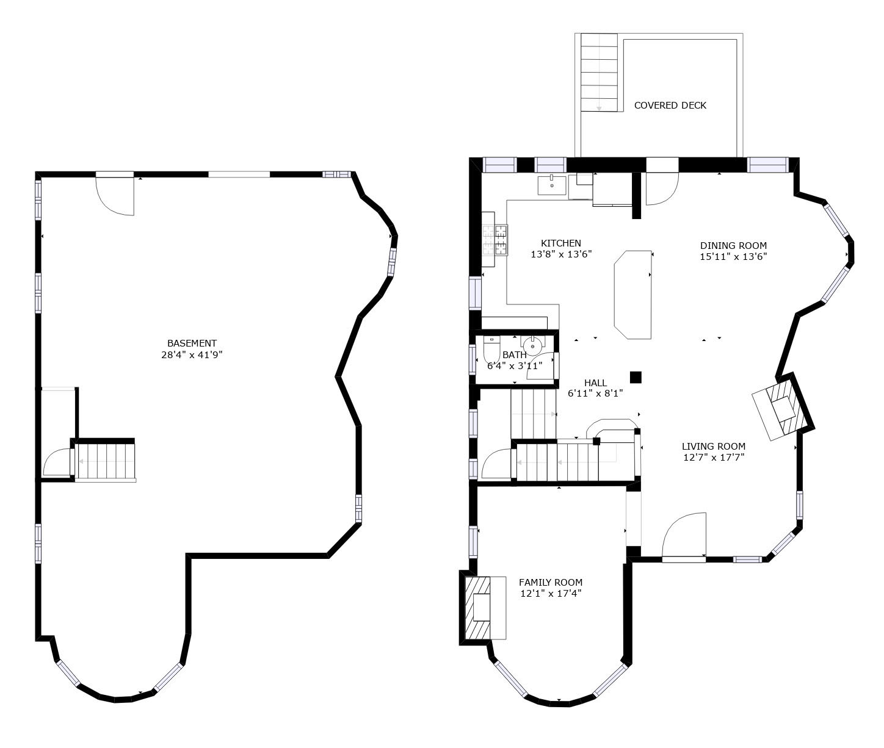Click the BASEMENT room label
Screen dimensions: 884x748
192,343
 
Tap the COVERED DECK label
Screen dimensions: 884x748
670,106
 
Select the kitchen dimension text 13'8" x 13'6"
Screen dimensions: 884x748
561,254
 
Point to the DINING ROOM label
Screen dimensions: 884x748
733,246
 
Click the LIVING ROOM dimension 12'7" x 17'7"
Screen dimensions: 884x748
714,458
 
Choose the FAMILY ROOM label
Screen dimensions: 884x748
551,582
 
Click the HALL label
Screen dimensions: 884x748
595,383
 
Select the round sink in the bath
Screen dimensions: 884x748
532,346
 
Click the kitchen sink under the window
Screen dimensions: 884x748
552,185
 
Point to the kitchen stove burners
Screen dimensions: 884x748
495,240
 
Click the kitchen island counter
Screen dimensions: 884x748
632,295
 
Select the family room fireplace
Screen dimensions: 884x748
482,608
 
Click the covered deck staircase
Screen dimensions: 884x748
599,72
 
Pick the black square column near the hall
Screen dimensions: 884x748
636,377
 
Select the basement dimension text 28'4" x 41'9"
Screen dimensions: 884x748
192,354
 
